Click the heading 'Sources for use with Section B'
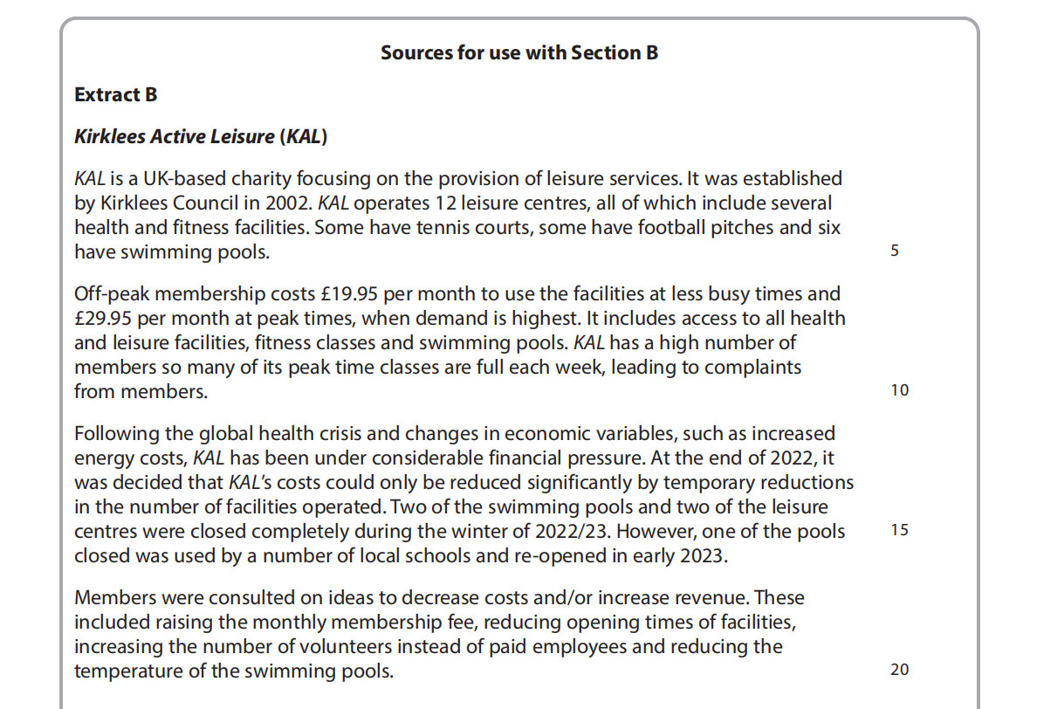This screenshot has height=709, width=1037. pyautogui.click(x=518, y=52)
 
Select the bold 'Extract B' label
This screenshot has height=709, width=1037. pyautogui.click(x=115, y=94)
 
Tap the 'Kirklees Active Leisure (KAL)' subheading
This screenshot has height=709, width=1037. pyautogui.click(x=200, y=136)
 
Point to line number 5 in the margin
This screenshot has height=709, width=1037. pyautogui.click(x=895, y=251)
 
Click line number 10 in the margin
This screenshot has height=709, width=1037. pyautogui.click(x=899, y=390)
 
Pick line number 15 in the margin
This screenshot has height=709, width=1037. pyautogui.click(x=899, y=530)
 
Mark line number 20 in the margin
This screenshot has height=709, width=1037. pyautogui.click(x=899, y=670)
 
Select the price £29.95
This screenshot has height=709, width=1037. pyautogui.click(x=110, y=319)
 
